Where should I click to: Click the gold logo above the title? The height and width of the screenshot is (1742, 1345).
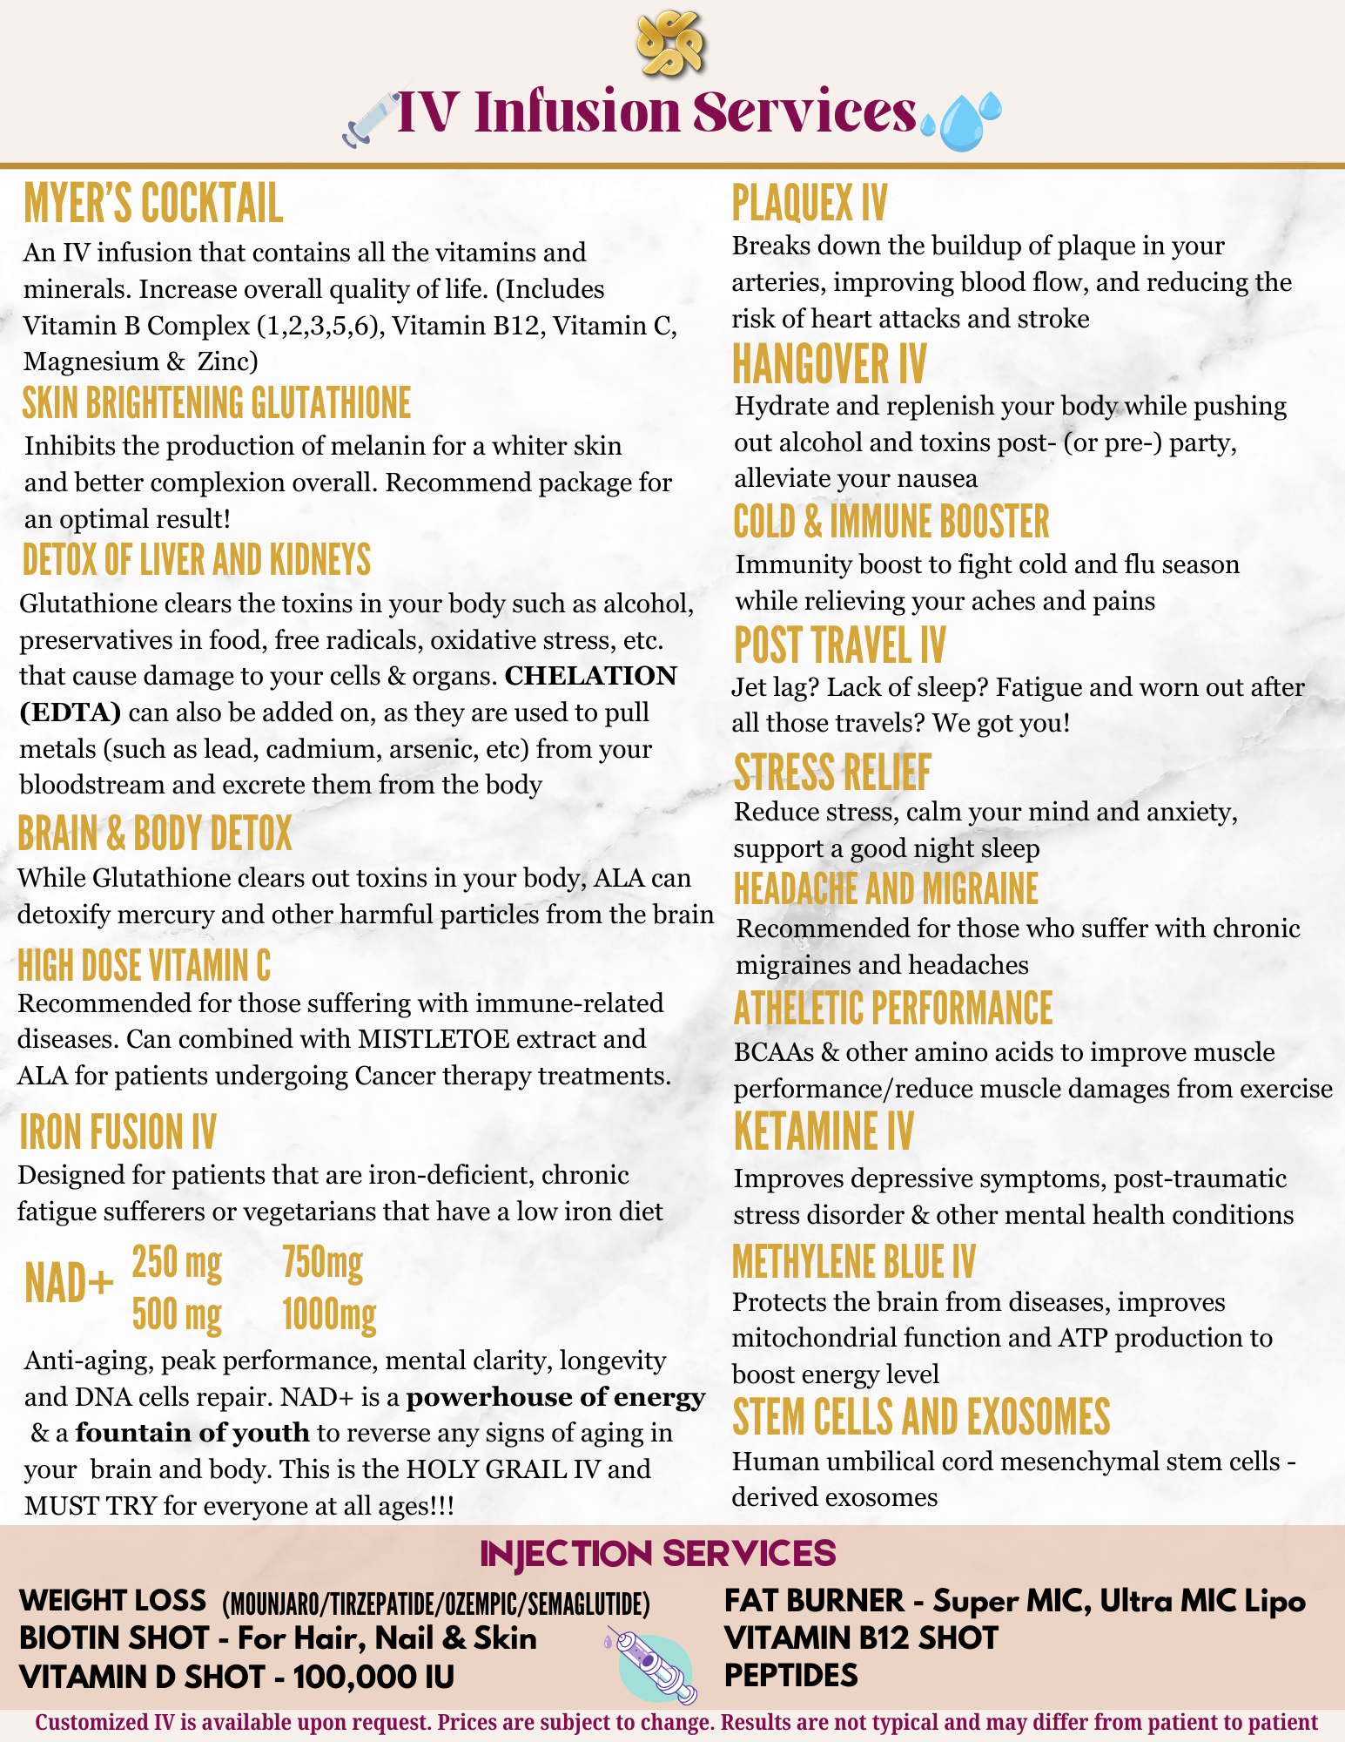669,43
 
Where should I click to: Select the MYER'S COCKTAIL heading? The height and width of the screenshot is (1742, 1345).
153,204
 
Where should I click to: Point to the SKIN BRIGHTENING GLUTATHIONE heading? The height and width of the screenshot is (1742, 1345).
217,403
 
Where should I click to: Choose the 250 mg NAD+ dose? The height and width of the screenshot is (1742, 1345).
177,1262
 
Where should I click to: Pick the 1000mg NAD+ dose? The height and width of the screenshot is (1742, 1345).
329,1314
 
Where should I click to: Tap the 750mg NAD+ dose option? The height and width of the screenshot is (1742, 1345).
322,1262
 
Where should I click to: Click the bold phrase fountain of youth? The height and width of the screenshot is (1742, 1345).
192,1433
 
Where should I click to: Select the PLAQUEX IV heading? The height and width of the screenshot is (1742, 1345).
809,204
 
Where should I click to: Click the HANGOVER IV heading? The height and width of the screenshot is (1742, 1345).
829,364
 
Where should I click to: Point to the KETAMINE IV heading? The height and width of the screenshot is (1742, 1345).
824,1132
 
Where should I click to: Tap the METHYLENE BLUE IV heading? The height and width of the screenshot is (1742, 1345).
853,1262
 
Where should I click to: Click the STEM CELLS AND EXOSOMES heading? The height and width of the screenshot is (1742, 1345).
921,1417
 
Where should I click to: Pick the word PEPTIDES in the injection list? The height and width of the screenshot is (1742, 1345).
790,1675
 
